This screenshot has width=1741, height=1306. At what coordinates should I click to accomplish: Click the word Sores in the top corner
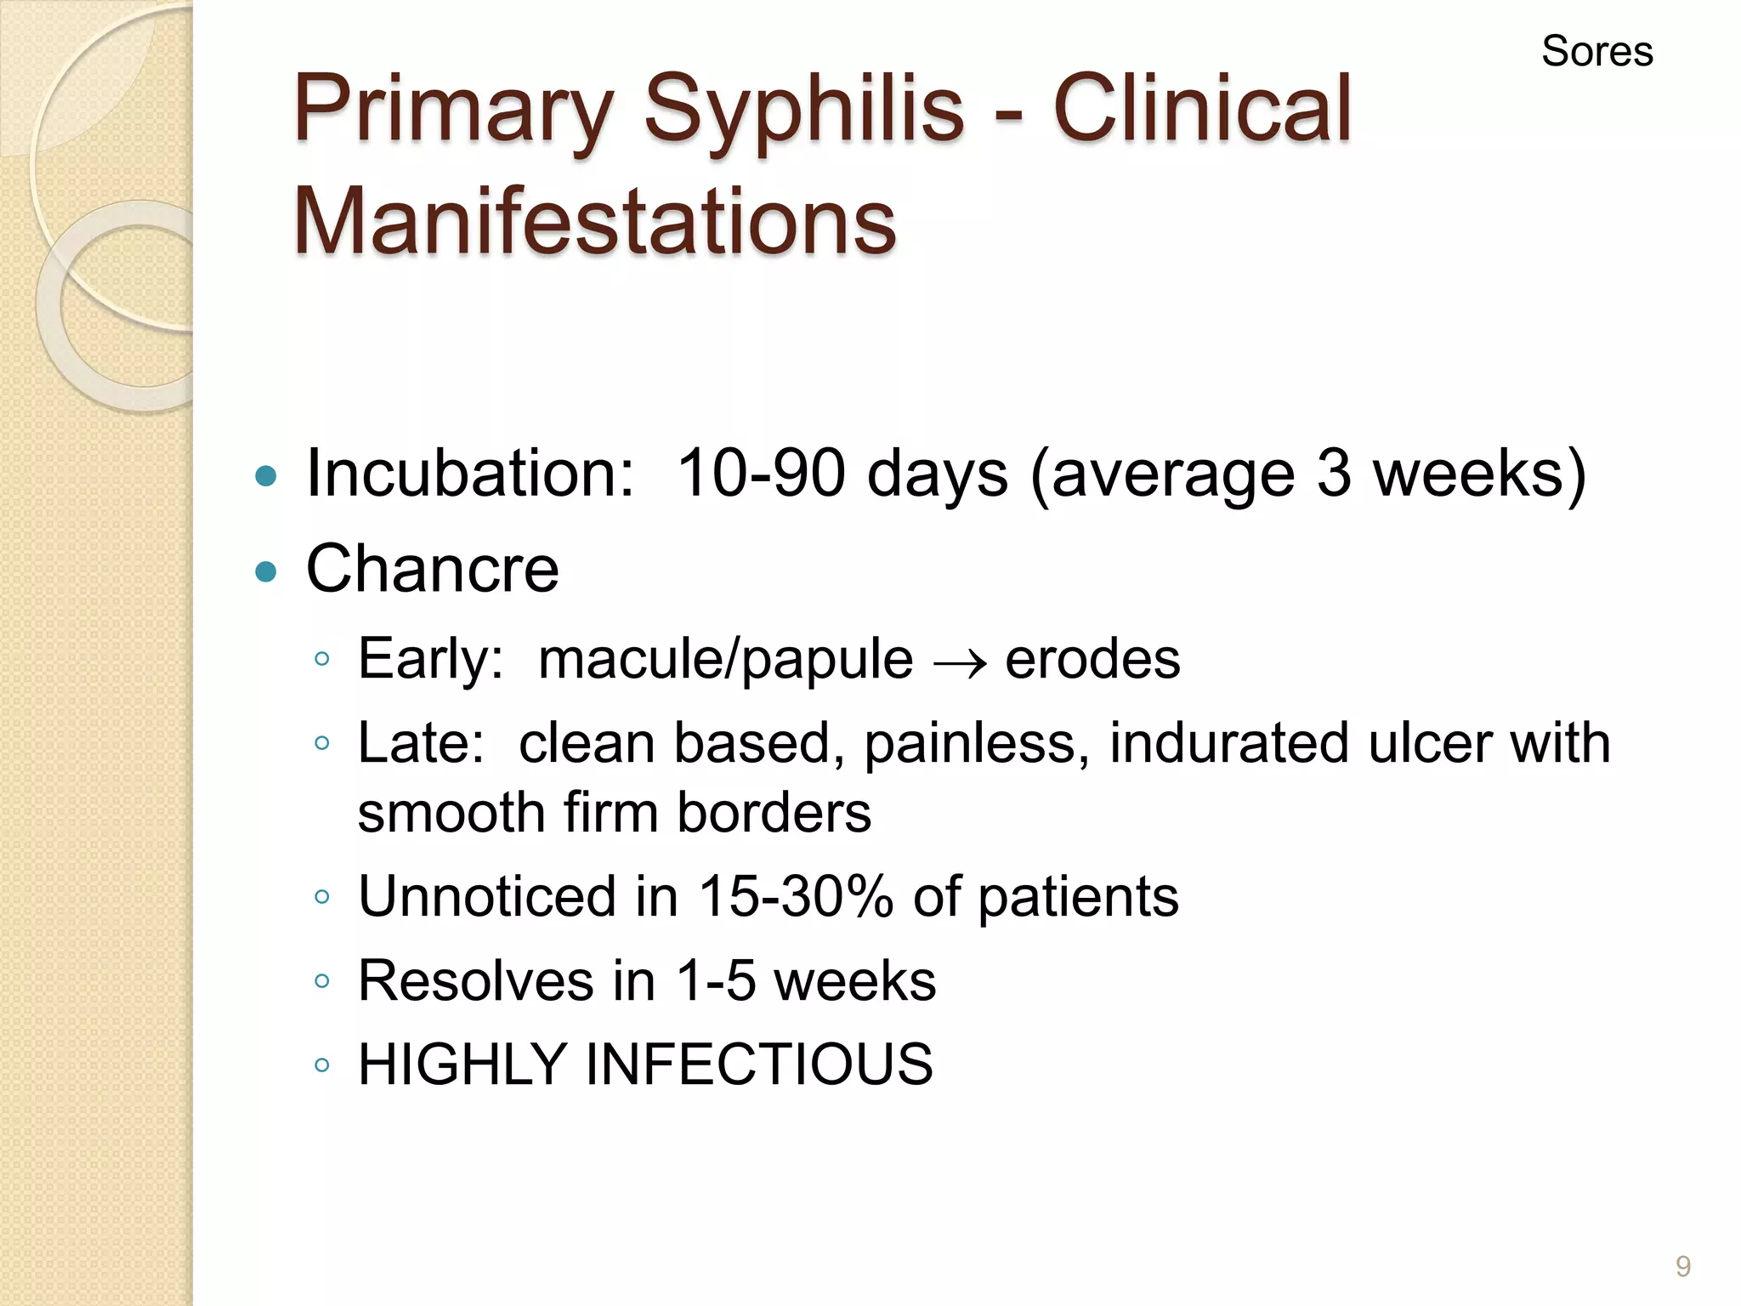[1596, 51]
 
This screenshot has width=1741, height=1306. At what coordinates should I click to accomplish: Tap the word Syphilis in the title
[803, 111]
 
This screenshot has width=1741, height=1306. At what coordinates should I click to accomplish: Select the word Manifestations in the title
[594, 221]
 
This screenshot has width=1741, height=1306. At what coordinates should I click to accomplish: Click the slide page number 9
[1682, 1266]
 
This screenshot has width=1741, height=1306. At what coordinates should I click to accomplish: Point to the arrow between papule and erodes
[960, 662]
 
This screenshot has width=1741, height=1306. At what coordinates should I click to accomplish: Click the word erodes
[1092, 659]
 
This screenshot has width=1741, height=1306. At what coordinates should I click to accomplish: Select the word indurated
[1228, 742]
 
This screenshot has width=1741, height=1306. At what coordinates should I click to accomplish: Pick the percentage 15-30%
[796, 896]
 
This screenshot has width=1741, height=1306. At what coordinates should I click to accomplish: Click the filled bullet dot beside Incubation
[266, 475]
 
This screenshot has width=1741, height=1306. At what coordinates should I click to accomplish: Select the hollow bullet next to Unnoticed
[321, 896]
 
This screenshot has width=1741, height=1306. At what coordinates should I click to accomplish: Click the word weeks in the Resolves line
[854, 980]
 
